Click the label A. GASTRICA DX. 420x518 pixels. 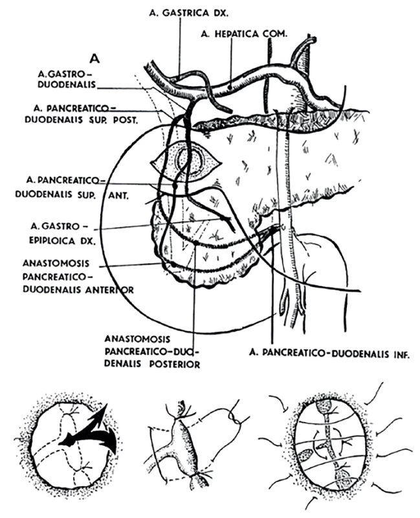[188, 13]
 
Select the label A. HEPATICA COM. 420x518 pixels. [244, 34]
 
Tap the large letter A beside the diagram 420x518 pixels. [94, 58]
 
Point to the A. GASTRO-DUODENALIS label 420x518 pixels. [66, 79]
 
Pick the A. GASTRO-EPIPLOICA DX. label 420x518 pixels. [61, 233]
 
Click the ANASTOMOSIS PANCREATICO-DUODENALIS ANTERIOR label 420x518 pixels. [78, 277]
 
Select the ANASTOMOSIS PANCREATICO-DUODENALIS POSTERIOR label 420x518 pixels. [152, 352]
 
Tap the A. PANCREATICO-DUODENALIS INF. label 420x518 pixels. [329, 354]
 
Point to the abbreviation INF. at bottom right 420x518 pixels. [401, 354]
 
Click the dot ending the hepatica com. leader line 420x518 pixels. [230, 87]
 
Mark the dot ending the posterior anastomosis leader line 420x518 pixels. [197, 243]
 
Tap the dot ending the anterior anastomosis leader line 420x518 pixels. [172, 265]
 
